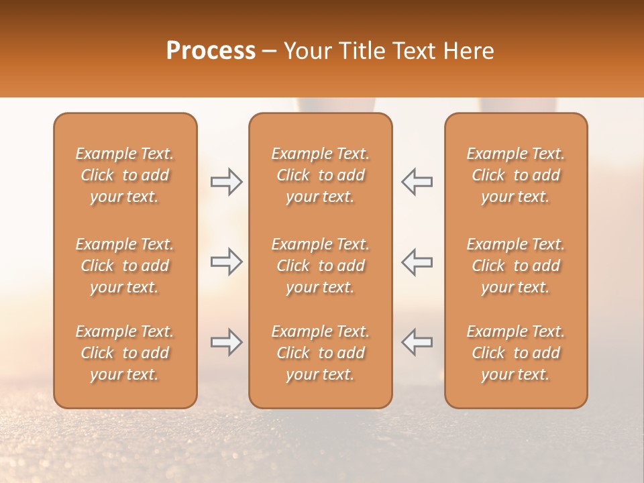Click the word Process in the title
(211, 51)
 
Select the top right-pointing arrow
(227, 181)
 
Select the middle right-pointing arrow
(227, 262)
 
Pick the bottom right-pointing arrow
(227, 342)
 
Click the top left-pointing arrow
(417, 181)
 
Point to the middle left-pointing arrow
(417, 262)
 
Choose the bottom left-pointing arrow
(417, 342)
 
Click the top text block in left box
(125, 175)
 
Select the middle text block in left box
(125, 266)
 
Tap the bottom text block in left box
(125, 353)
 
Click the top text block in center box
(321, 175)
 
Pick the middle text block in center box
(321, 266)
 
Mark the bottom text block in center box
(321, 353)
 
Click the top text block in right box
(516, 175)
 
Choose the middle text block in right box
(516, 266)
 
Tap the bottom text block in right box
(516, 353)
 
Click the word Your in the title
(307, 51)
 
